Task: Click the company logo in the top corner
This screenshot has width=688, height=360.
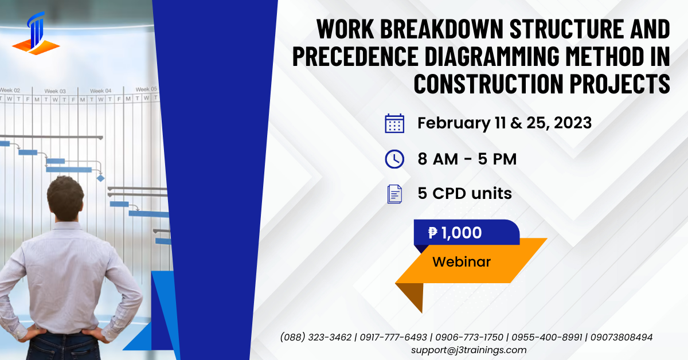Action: (x=36, y=33)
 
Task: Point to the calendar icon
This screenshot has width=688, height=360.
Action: (x=394, y=123)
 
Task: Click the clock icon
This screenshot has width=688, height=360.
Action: (x=394, y=159)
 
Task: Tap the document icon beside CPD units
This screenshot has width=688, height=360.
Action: (x=394, y=194)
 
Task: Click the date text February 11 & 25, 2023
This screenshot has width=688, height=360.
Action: (x=505, y=123)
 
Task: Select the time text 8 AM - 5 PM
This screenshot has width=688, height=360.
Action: (x=467, y=159)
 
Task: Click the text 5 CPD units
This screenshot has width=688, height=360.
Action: (x=464, y=194)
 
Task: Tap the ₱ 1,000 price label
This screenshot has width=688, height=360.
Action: (x=455, y=233)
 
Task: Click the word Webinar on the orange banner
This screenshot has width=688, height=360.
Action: (x=462, y=262)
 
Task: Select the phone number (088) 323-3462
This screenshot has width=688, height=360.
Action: (x=316, y=337)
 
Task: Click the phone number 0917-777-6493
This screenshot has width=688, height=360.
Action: (x=394, y=337)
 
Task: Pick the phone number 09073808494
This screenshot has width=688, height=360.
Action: (x=621, y=337)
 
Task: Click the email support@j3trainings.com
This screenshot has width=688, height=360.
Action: (x=468, y=350)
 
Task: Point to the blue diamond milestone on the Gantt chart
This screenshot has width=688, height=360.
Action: (x=101, y=178)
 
